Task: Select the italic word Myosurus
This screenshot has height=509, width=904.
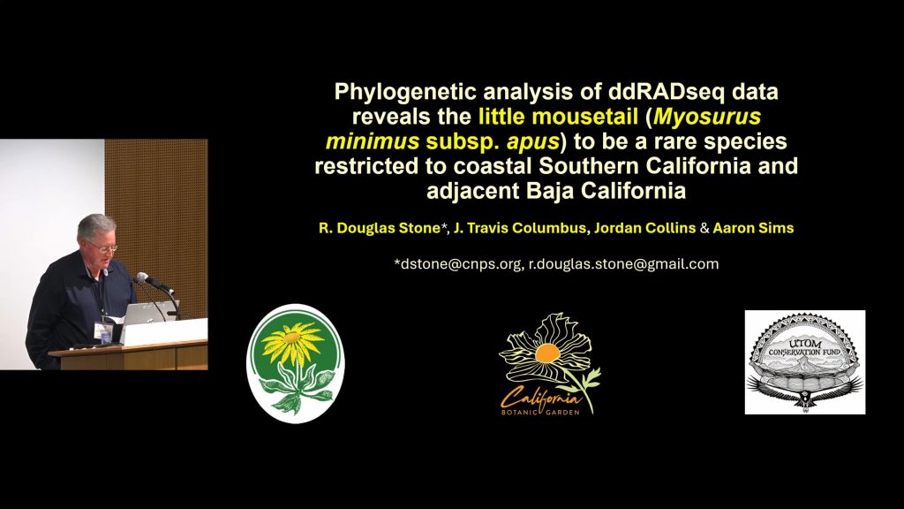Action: click(x=707, y=117)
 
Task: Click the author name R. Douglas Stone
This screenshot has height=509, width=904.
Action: click(x=380, y=228)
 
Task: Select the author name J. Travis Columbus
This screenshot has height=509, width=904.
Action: click(x=519, y=228)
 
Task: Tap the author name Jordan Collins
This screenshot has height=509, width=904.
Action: click(x=644, y=228)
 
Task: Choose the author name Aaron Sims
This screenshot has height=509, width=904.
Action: click(x=753, y=228)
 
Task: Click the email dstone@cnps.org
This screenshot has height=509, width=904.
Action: click(x=460, y=264)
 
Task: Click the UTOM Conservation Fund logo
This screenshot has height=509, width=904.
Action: click(x=805, y=361)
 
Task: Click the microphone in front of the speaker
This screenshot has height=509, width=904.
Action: click(x=152, y=282)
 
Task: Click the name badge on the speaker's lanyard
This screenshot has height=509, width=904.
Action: click(x=103, y=332)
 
